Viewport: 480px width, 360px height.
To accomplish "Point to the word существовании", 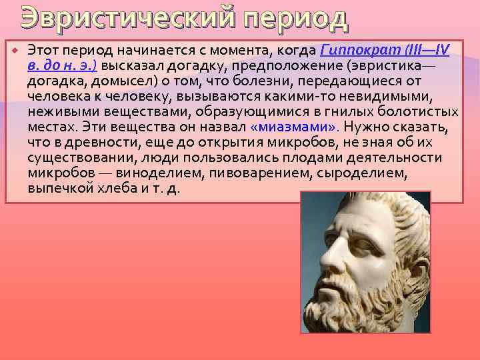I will [73, 158].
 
